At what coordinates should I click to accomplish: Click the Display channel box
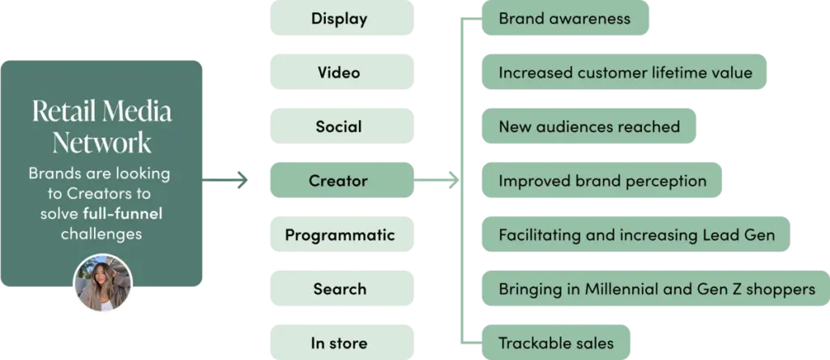(x=340, y=19)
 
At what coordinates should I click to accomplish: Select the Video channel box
(x=340, y=73)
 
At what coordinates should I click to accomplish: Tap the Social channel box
(x=340, y=126)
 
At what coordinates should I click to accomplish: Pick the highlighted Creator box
(x=340, y=181)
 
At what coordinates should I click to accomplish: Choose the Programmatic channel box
(x=340, y=235)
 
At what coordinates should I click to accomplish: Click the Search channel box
(x=340, y=289)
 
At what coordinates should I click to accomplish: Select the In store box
(x=340, y=343)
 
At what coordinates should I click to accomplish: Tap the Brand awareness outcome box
(x=565, y=19)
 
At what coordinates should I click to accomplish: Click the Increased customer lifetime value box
(x=624, y=73)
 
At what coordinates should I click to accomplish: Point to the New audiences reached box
(x=588, y=126)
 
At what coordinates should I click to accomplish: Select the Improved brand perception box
(x=602, y=181)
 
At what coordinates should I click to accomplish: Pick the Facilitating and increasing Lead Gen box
(x=636, y=235)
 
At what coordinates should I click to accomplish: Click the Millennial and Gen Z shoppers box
(x=656, y=289)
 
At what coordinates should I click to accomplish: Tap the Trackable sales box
(x=556, y=343)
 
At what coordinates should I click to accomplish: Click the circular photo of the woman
(x=102, y=284)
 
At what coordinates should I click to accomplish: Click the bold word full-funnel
(x=122, y=214)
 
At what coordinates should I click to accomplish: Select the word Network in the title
(x=102, y=143)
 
